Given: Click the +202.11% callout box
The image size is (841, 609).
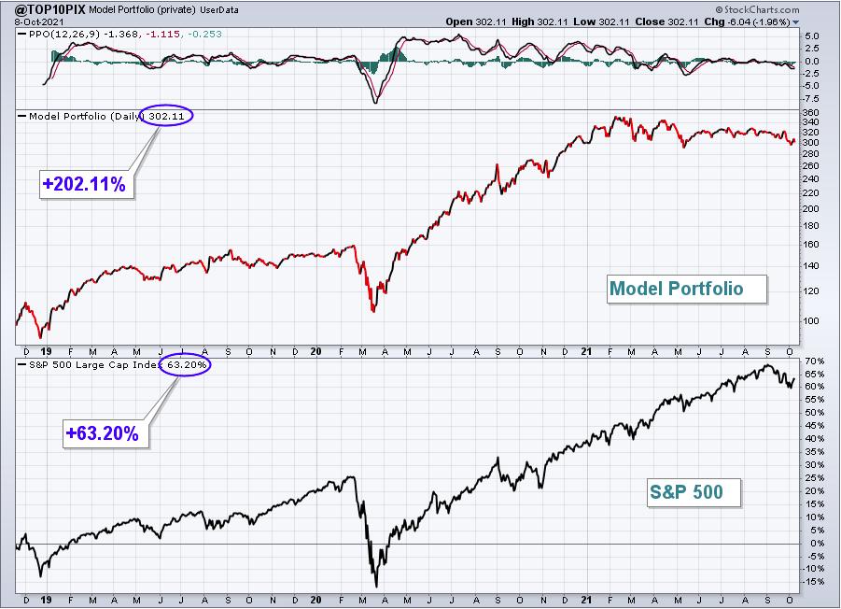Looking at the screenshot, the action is [x=86, y=184].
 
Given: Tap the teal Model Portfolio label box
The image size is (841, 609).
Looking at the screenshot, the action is [x=687, y=290].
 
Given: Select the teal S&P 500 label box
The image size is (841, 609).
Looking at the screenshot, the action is [x=694, y=492].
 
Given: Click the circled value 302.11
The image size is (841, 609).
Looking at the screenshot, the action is [x=166, y=116].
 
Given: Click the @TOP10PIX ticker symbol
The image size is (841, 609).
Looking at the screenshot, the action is [x=49, y=9].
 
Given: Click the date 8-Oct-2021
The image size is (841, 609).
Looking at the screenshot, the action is [x=39, y=22].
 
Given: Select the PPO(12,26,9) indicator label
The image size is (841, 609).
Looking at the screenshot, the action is [x=64, y=34].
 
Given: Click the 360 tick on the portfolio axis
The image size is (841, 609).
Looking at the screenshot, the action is [x=811, y=113].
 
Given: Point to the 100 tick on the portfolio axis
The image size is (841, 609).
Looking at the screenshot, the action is [x=811, y=321].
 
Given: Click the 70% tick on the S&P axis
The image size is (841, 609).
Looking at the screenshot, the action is [x=814, y=361].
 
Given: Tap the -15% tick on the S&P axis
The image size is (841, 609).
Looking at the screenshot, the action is [x=813, y=582].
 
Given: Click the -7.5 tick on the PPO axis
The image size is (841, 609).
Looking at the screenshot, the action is [x=811, y=99].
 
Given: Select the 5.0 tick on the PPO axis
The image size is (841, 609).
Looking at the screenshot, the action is [x=812, y=36].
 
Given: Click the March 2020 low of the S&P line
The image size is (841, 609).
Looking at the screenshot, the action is [x=376, y=586].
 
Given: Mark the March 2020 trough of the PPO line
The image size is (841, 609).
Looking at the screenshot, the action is [x=375, y=102].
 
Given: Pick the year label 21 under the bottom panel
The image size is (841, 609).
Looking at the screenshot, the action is [x=586, y=600].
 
